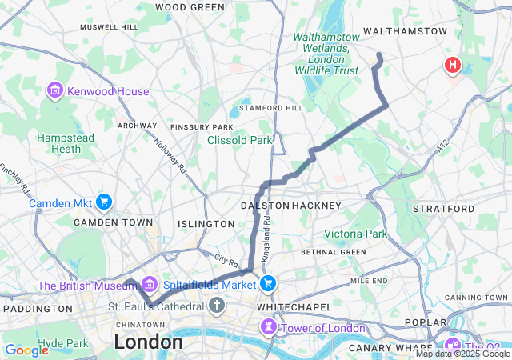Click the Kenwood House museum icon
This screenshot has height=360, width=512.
point(55,91)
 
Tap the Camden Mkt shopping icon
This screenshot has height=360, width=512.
point(103,202)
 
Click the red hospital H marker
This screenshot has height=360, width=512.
point(453,66)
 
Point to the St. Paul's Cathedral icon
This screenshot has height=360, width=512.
point(217,306)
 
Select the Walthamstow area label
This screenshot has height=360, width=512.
point(405,31)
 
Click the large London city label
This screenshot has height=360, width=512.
point(148,342)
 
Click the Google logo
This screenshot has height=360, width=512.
point(26,350)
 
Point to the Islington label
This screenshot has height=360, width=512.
point(205,224)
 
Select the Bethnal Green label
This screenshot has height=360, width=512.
point(333,252)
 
